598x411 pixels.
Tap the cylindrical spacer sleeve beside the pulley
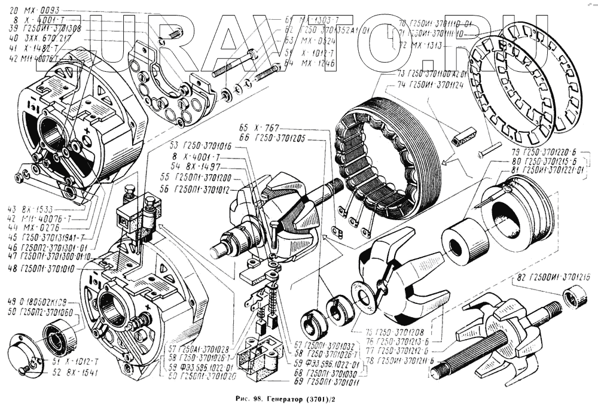tap(465, 242)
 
